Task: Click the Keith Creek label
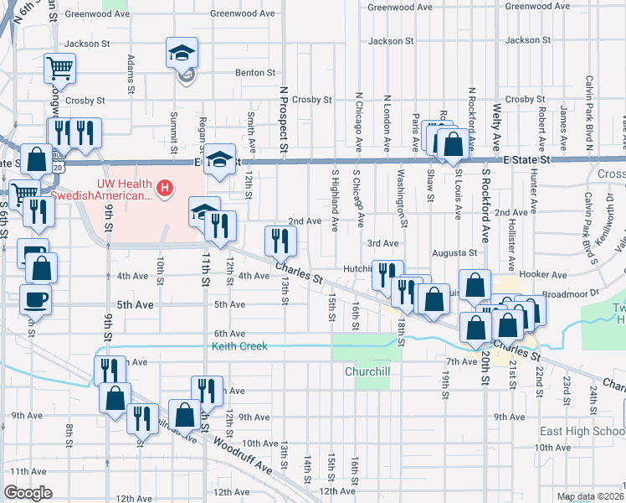[x=239, y=345]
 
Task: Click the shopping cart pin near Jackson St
[x=59, y=69]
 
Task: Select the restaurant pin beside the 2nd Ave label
[x=279, y=242]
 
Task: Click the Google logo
[x=28, y=493]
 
